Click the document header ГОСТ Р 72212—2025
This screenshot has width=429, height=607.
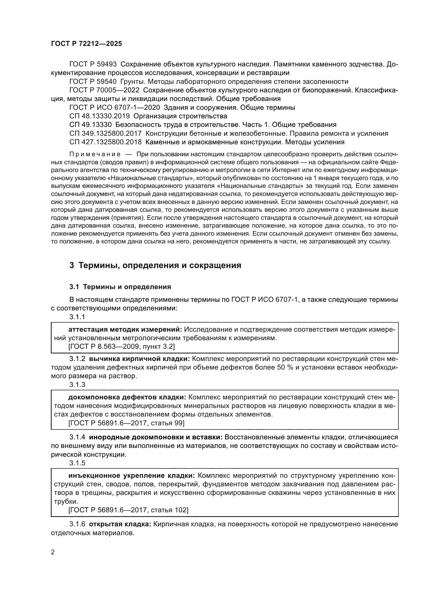coord(86,44)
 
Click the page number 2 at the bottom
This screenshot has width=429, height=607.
coord(53,552)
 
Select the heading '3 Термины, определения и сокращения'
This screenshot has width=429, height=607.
coord(155,265)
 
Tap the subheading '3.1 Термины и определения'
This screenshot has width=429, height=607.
coord(120,287)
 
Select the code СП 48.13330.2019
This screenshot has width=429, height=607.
coord(100,116)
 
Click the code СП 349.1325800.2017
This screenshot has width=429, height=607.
coord(105,133)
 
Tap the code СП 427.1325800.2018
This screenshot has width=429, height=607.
coord(105,142)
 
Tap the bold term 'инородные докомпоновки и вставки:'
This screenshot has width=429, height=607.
coord(156,437)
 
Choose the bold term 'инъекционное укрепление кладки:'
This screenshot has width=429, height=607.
coord(132,476)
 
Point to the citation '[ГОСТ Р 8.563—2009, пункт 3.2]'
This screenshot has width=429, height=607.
coord(121,347)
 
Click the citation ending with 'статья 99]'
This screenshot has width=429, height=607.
coord(126,423)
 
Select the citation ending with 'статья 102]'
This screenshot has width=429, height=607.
coord(128,510)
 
